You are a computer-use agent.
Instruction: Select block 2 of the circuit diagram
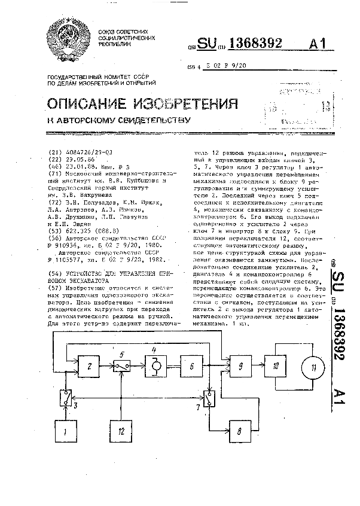point(89,364)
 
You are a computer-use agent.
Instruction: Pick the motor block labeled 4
point(155,364)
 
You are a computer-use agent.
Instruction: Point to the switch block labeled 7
point(210,397)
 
